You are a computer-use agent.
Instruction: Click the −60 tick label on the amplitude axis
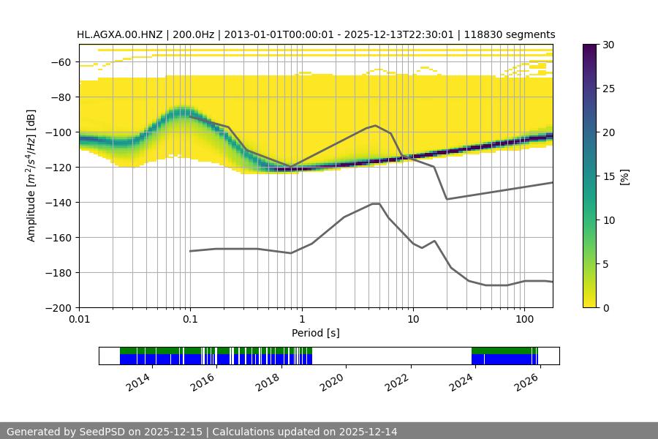pos(61,62)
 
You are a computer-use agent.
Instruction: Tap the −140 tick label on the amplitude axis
pos(58,203)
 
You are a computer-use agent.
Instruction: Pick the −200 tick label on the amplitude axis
pos(58,308)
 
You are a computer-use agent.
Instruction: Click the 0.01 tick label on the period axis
pos(79,320)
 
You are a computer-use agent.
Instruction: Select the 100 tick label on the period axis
pos(524,320)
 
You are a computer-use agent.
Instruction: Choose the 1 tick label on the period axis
pos(301,320)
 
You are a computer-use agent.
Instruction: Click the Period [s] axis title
pos(315,333)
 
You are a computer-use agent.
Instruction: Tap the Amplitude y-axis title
pos(31,176)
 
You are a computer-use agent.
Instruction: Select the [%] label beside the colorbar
pos(625,176)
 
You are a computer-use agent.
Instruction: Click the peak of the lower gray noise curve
pos(376,203)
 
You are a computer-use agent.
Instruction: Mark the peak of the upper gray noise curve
pos(376,125)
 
